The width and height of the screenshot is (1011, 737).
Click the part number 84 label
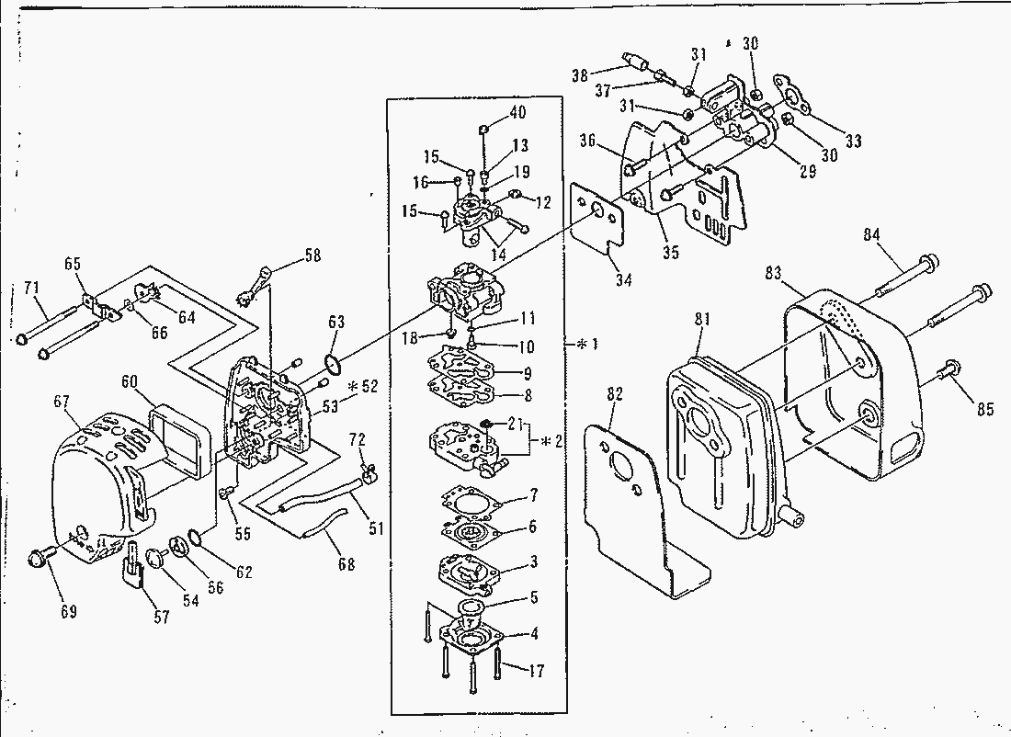pyautogui.click(x=872, y=234)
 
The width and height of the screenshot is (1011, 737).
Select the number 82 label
pyautogui.click(x=615, y=395)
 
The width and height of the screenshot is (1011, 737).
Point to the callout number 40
pyautogui.click(x=517, y=113)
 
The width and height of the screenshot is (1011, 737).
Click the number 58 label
pyautogui.click(x=312, y=255)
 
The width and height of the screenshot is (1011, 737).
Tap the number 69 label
pyautogui.click(x=68, y=611)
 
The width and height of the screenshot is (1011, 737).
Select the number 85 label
pyautogui.click(x=985, y=410)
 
